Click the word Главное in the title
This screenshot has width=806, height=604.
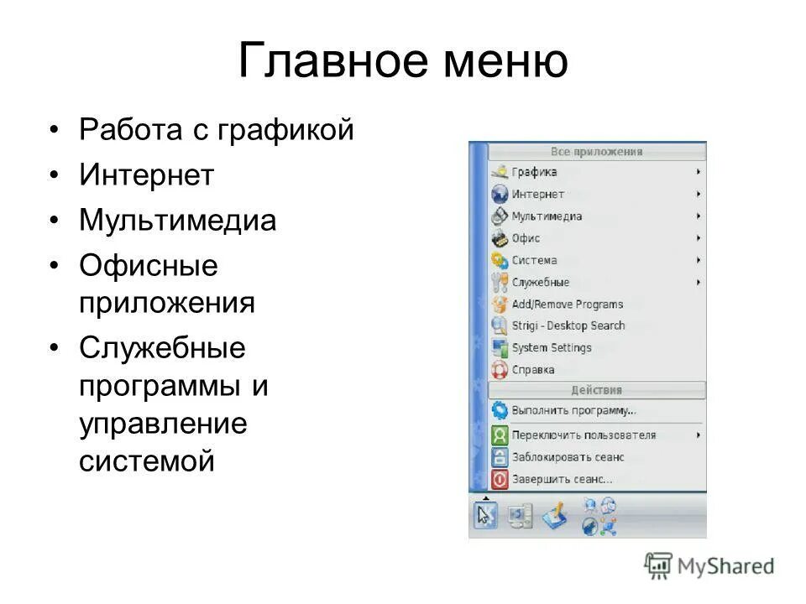pyautogui.click(x=324, y=62)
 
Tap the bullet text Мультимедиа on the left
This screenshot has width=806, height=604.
pyautogui.click(x=177, y=221)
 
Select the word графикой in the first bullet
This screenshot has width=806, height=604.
pyautogui.click(x=286, y=130)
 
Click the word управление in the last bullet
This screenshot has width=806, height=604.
pyautogui.click(x=163, y=423)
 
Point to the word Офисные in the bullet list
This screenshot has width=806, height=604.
pyautogui.click(x=149, y=266)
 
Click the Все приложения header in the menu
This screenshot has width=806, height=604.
pyautogui.click(x=596, y=152)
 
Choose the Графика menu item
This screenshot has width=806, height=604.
pyautogui.click(x=534, y=172)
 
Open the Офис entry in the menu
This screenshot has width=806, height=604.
pyautogui.click(x=526, y=238)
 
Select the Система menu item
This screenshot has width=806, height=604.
pyautogui.click(x=534, y=260)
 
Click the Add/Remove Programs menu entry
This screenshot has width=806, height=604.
pyautogui.click(x=567, y=304)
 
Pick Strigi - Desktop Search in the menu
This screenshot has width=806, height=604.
pyautogui.click(x=568, y=325)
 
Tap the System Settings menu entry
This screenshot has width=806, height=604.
pyautogui.click(x=551, y=347)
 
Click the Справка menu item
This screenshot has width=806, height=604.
pyautogui.click(x=532, y=369)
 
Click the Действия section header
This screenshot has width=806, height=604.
pyautogui.click(x=596, y=390)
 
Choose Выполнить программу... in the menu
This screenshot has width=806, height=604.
pyautogui.click(x=573, y=411)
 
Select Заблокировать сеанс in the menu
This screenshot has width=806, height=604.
pyautogui.click(x=568, y=457)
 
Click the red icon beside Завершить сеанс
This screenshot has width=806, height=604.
pyautogui.click(x=500, y=479)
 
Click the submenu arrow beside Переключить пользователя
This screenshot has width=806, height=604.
pyautogui.click(x=699, y=435)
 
